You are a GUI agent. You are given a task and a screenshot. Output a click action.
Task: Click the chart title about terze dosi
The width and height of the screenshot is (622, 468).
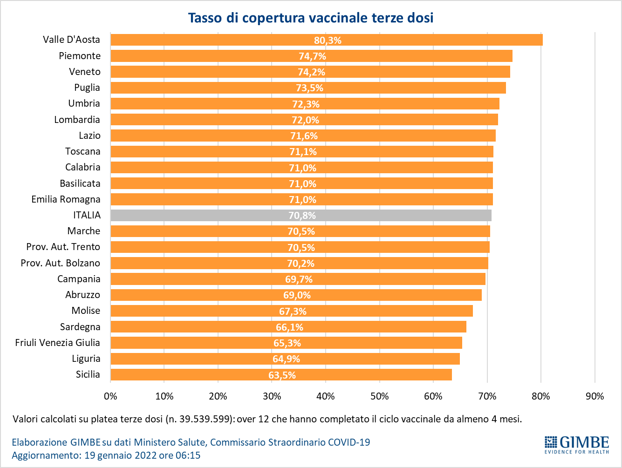(311, 18)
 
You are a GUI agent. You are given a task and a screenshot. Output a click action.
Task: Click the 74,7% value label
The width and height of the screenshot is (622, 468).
(312, 56)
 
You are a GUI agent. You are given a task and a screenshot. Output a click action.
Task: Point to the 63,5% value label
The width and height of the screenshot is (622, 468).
(282, 375)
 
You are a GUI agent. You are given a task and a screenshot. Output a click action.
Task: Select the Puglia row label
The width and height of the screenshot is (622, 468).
(87, 88)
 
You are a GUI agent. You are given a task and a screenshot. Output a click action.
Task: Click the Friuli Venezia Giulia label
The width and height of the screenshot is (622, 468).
(57, 343)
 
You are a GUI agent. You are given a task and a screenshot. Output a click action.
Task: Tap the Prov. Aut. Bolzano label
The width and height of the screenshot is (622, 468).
(60, 263)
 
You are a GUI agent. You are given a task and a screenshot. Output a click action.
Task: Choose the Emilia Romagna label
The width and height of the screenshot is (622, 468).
(66, 199)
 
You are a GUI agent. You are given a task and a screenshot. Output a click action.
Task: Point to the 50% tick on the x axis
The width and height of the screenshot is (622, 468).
(379, 396)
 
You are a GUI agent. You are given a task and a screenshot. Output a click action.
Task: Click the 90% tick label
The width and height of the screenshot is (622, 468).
(595, 396)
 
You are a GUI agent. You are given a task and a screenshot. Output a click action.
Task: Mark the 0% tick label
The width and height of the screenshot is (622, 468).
(110, 396)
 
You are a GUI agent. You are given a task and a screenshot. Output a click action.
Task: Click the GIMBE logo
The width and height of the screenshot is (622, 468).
(576, 444)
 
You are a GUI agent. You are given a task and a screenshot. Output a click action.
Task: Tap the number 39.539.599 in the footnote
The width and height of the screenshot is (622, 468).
(204, 419)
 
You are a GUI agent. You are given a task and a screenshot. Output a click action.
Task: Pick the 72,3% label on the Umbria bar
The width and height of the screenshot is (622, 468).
(306, 104)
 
